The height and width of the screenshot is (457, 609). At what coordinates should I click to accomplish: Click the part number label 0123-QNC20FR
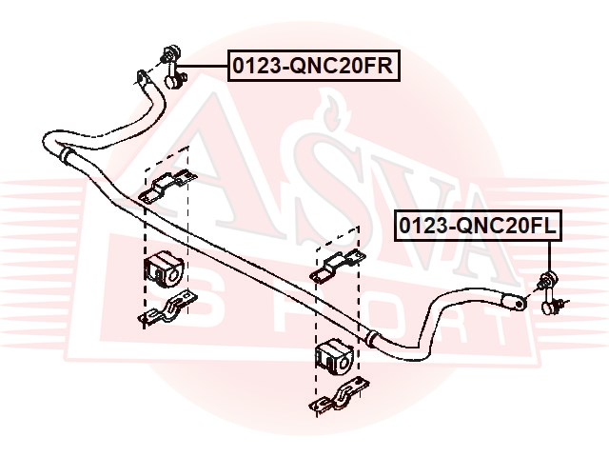[313, 66]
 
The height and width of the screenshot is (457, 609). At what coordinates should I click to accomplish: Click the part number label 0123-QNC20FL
[478, 226]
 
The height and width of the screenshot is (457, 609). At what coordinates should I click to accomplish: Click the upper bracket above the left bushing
[167, 186]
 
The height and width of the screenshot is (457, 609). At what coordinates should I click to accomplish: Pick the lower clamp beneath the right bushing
[339, 394]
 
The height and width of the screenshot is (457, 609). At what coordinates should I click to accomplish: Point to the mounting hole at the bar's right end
[520, 303]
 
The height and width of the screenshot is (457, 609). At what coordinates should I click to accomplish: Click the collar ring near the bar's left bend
[66, 154]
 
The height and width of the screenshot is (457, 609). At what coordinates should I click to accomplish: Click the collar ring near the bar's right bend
[371, 339]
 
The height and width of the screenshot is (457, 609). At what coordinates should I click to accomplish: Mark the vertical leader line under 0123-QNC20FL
[550, 256]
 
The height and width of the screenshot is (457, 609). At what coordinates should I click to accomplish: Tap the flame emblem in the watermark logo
[332, 111]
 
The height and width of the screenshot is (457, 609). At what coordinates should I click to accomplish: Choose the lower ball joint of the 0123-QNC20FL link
[547, 308]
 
